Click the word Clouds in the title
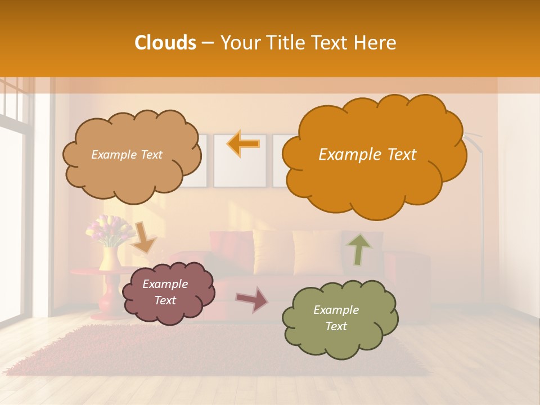(x=165, y=43)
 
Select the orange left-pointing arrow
(x=244, y=144)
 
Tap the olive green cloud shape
(x=340, y=318)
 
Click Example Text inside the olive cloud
(x=336, y=318)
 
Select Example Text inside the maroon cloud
(x=165, y=292)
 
